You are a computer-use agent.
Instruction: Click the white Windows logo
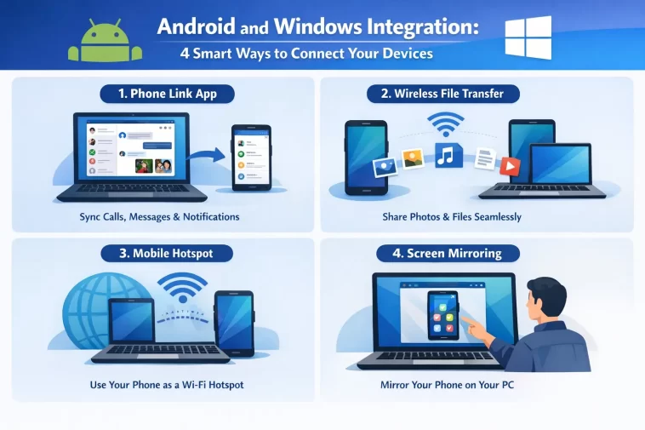[x=527, y=37]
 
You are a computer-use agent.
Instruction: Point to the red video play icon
[x=509, y=165]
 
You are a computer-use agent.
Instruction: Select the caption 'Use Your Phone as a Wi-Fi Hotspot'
[x=167, y=385]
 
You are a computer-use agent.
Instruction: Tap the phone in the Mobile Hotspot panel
[x=234, y=323]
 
